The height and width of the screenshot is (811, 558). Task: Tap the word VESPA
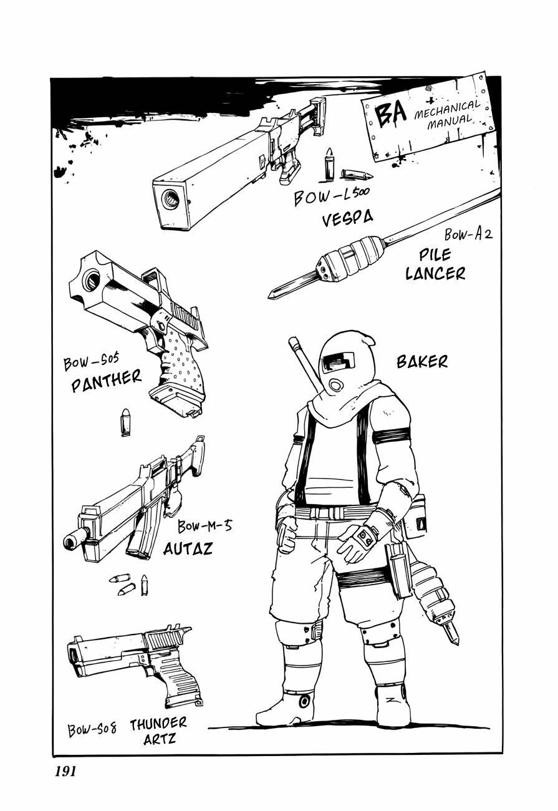pos(347,218)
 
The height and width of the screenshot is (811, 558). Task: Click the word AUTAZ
pos(188,548)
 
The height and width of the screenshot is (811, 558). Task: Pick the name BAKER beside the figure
pos(422,361)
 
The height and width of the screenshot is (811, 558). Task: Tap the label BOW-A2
pos(468,235)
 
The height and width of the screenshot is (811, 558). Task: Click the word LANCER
pos(435,273)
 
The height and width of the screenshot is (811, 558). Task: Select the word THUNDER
pos(158,724)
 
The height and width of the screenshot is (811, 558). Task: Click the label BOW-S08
pos(92,729)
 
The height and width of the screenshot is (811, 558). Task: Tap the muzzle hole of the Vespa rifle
pos(170,199)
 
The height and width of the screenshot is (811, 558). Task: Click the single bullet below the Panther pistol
pos(126,422)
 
